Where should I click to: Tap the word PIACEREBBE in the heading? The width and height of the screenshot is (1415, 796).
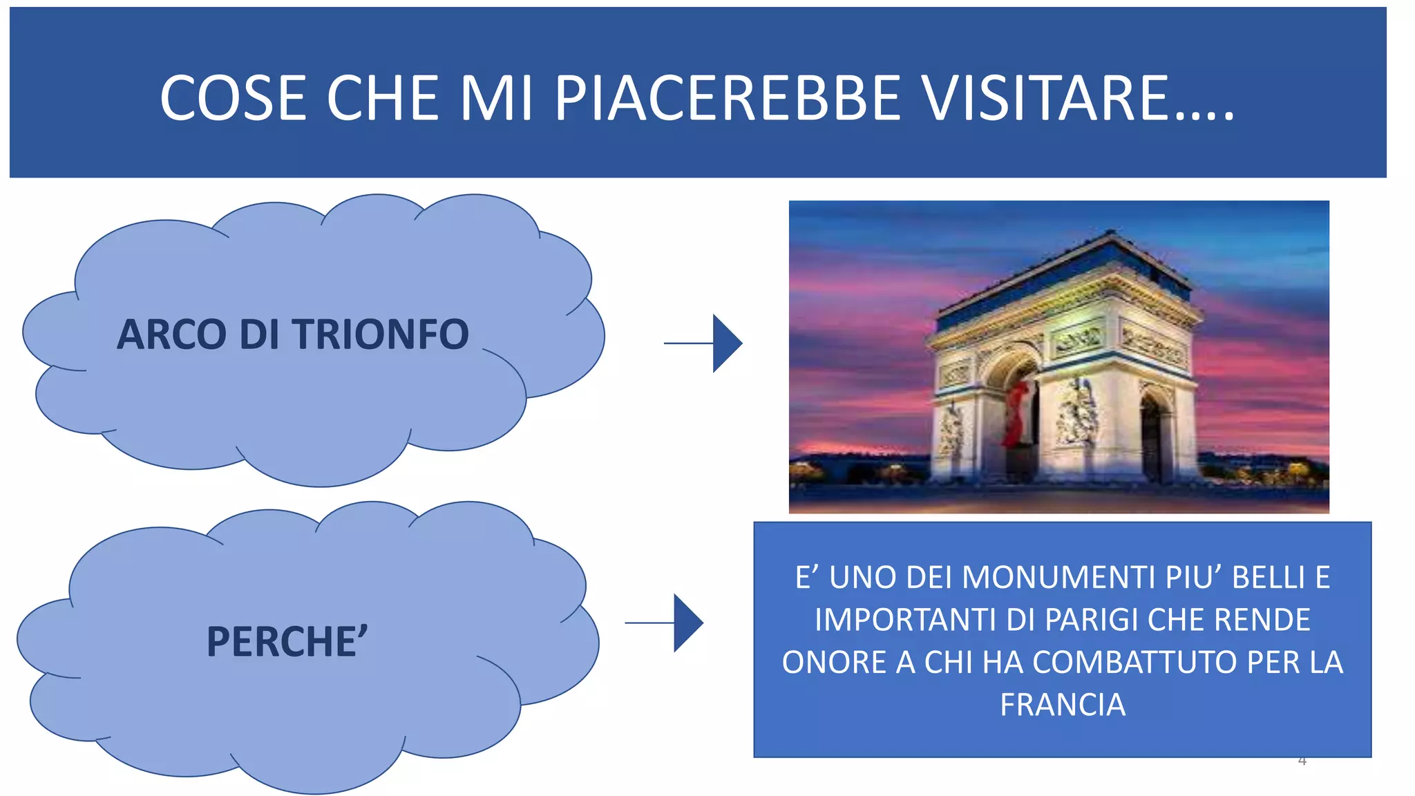[x=728, y=98]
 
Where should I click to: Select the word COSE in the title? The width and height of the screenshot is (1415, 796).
[x=234, y=98]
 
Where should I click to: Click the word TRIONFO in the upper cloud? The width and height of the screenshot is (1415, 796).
[x=381, y=334]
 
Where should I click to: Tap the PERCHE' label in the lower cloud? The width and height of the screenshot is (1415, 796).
[x=287, y=642]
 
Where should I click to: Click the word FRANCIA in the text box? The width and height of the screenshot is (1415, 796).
[x=1063, y=705]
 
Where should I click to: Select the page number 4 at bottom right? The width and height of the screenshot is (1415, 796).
[x=1302, y=761]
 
